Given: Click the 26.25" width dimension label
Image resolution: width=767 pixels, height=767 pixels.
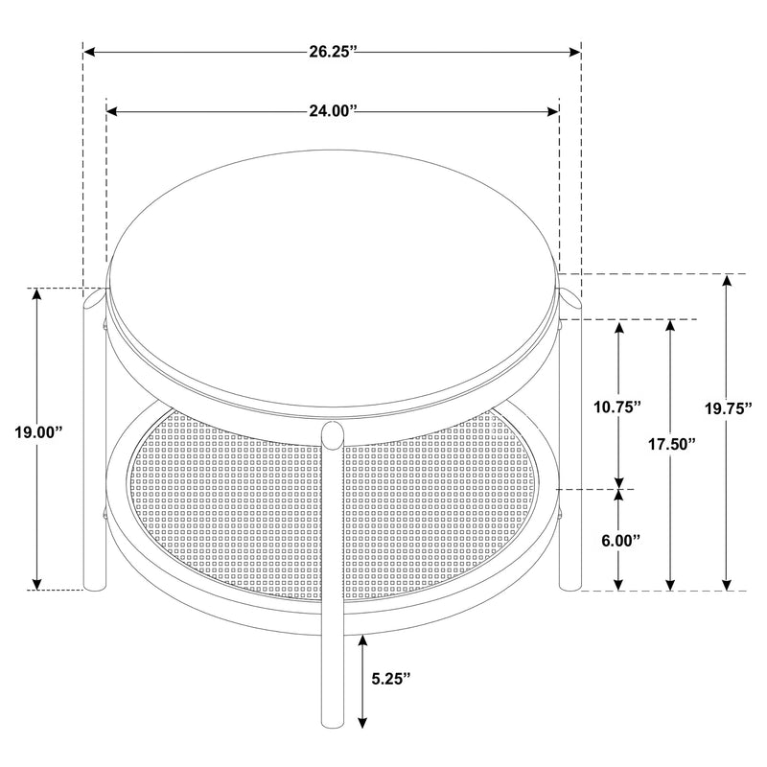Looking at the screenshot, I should pyautogui.click(x=333, y=52).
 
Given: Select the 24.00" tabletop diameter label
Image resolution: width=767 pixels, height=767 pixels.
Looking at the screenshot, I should pyautogui.click(x=333, y=112).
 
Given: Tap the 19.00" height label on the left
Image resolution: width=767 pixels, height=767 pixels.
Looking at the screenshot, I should pyautogui.click(x=38, y=432).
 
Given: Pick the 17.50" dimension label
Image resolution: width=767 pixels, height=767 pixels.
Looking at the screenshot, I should pyautogui.click(x=670, y=444).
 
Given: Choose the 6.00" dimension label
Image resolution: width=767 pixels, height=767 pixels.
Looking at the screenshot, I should pyautogui.click(x=619, y=540).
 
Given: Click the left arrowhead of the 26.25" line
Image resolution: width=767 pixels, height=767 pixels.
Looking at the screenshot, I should pyautogui.click(x=89, y=52).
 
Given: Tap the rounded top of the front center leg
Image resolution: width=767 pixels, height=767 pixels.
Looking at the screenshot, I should pyautogui.click(x=333, y=432).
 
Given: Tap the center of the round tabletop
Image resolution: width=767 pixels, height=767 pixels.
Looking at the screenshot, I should pyautogui.click(x=333, y=278).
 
